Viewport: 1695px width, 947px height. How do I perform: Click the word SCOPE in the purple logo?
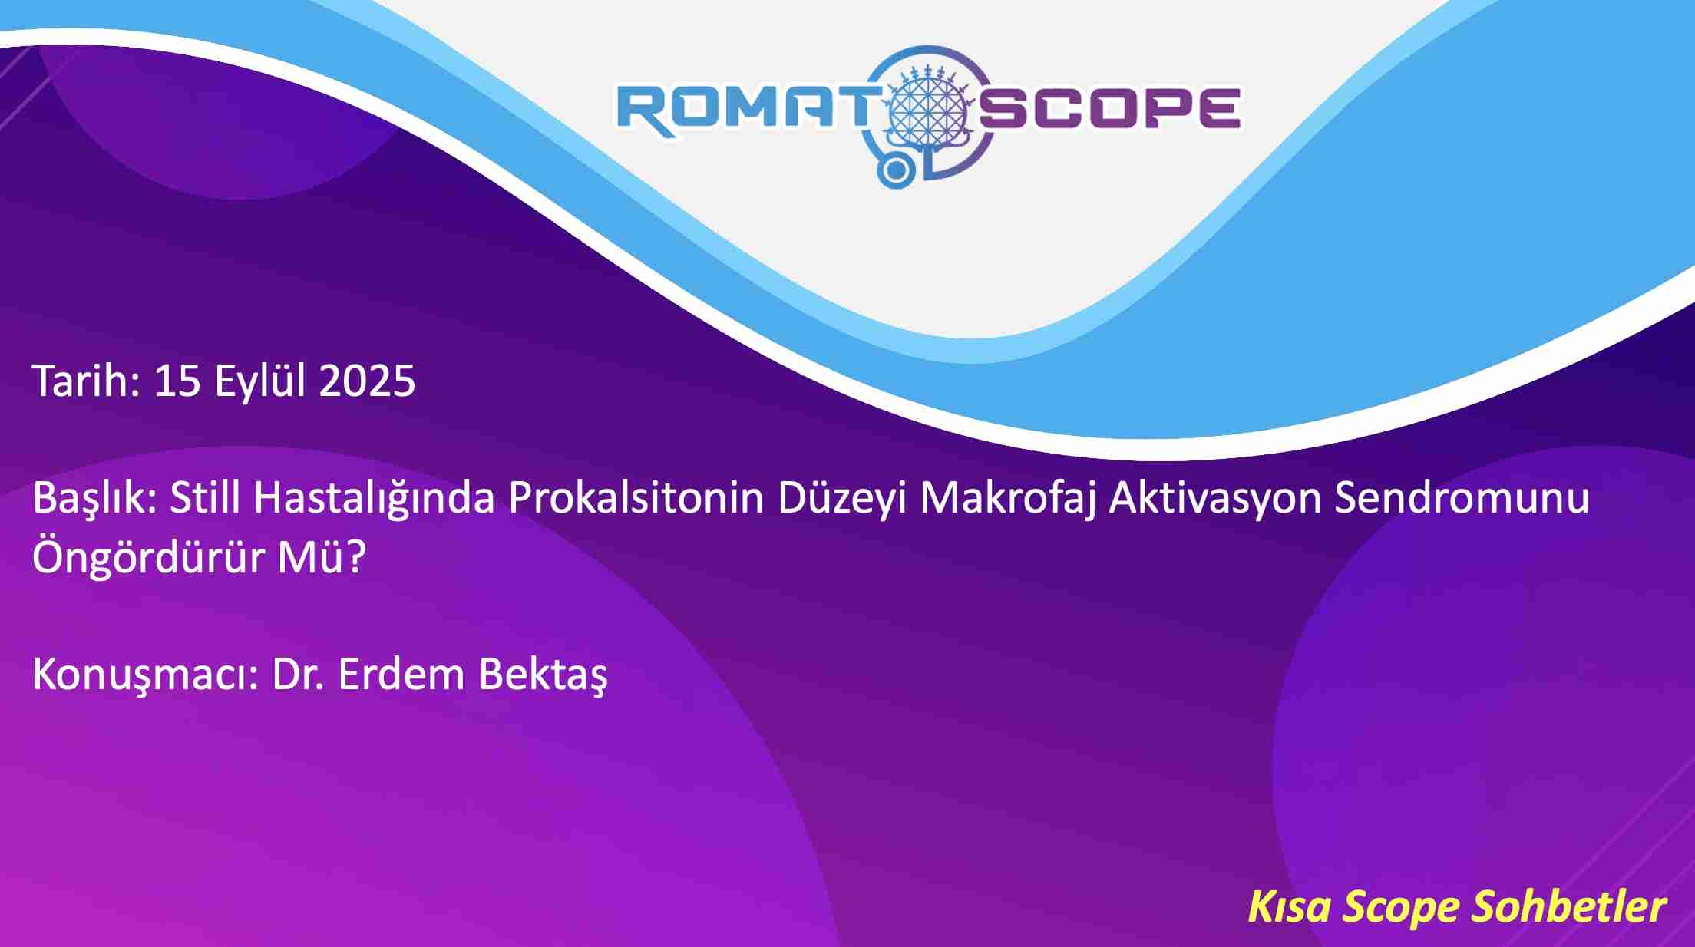coord(1109,107)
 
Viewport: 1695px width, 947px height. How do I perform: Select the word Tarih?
coord(85,380)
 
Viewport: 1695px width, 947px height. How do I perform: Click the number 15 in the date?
coord(177,381)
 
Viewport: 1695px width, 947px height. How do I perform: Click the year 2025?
coord(366,381)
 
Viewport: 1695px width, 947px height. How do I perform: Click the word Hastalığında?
coord(374,500)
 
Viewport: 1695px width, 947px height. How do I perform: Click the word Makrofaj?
coord(1007,500)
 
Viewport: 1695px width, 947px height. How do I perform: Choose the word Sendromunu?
coord(1462,497)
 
